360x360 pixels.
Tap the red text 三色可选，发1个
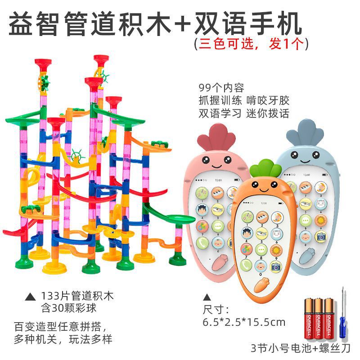click(251, 44)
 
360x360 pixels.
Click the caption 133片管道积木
click(77, 297)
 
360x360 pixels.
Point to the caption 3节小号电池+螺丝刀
click(301, 348)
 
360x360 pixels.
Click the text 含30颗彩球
click(68, 308)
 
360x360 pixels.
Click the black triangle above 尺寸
click(207, 297)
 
